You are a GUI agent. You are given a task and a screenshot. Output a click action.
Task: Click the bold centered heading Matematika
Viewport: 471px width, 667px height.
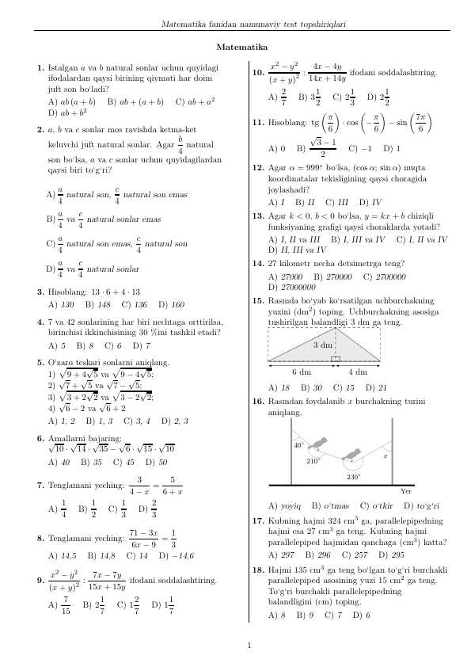click(235, 48)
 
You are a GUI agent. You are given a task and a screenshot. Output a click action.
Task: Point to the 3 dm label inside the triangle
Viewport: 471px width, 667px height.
click(323, 345)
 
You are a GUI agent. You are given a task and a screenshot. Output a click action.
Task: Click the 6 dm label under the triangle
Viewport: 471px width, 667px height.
click(301, 372)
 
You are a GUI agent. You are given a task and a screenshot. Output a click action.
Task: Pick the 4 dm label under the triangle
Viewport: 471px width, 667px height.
click(358, 372)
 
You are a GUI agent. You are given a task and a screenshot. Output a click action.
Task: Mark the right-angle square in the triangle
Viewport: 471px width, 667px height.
click(336, 359)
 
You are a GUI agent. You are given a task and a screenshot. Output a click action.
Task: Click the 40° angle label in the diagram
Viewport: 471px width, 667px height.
click(298, 446)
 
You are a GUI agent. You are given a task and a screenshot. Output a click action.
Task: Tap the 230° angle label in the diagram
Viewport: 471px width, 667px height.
click(353, 477)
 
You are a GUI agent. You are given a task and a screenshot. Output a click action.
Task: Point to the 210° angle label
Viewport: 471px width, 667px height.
click(313, 460)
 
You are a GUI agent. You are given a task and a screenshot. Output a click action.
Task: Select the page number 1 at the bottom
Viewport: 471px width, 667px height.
click(249, 645)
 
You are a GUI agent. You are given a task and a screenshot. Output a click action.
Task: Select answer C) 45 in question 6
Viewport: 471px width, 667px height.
click(128, 462)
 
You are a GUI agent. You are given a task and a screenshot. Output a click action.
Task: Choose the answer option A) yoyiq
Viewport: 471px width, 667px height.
click(285, 505)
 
